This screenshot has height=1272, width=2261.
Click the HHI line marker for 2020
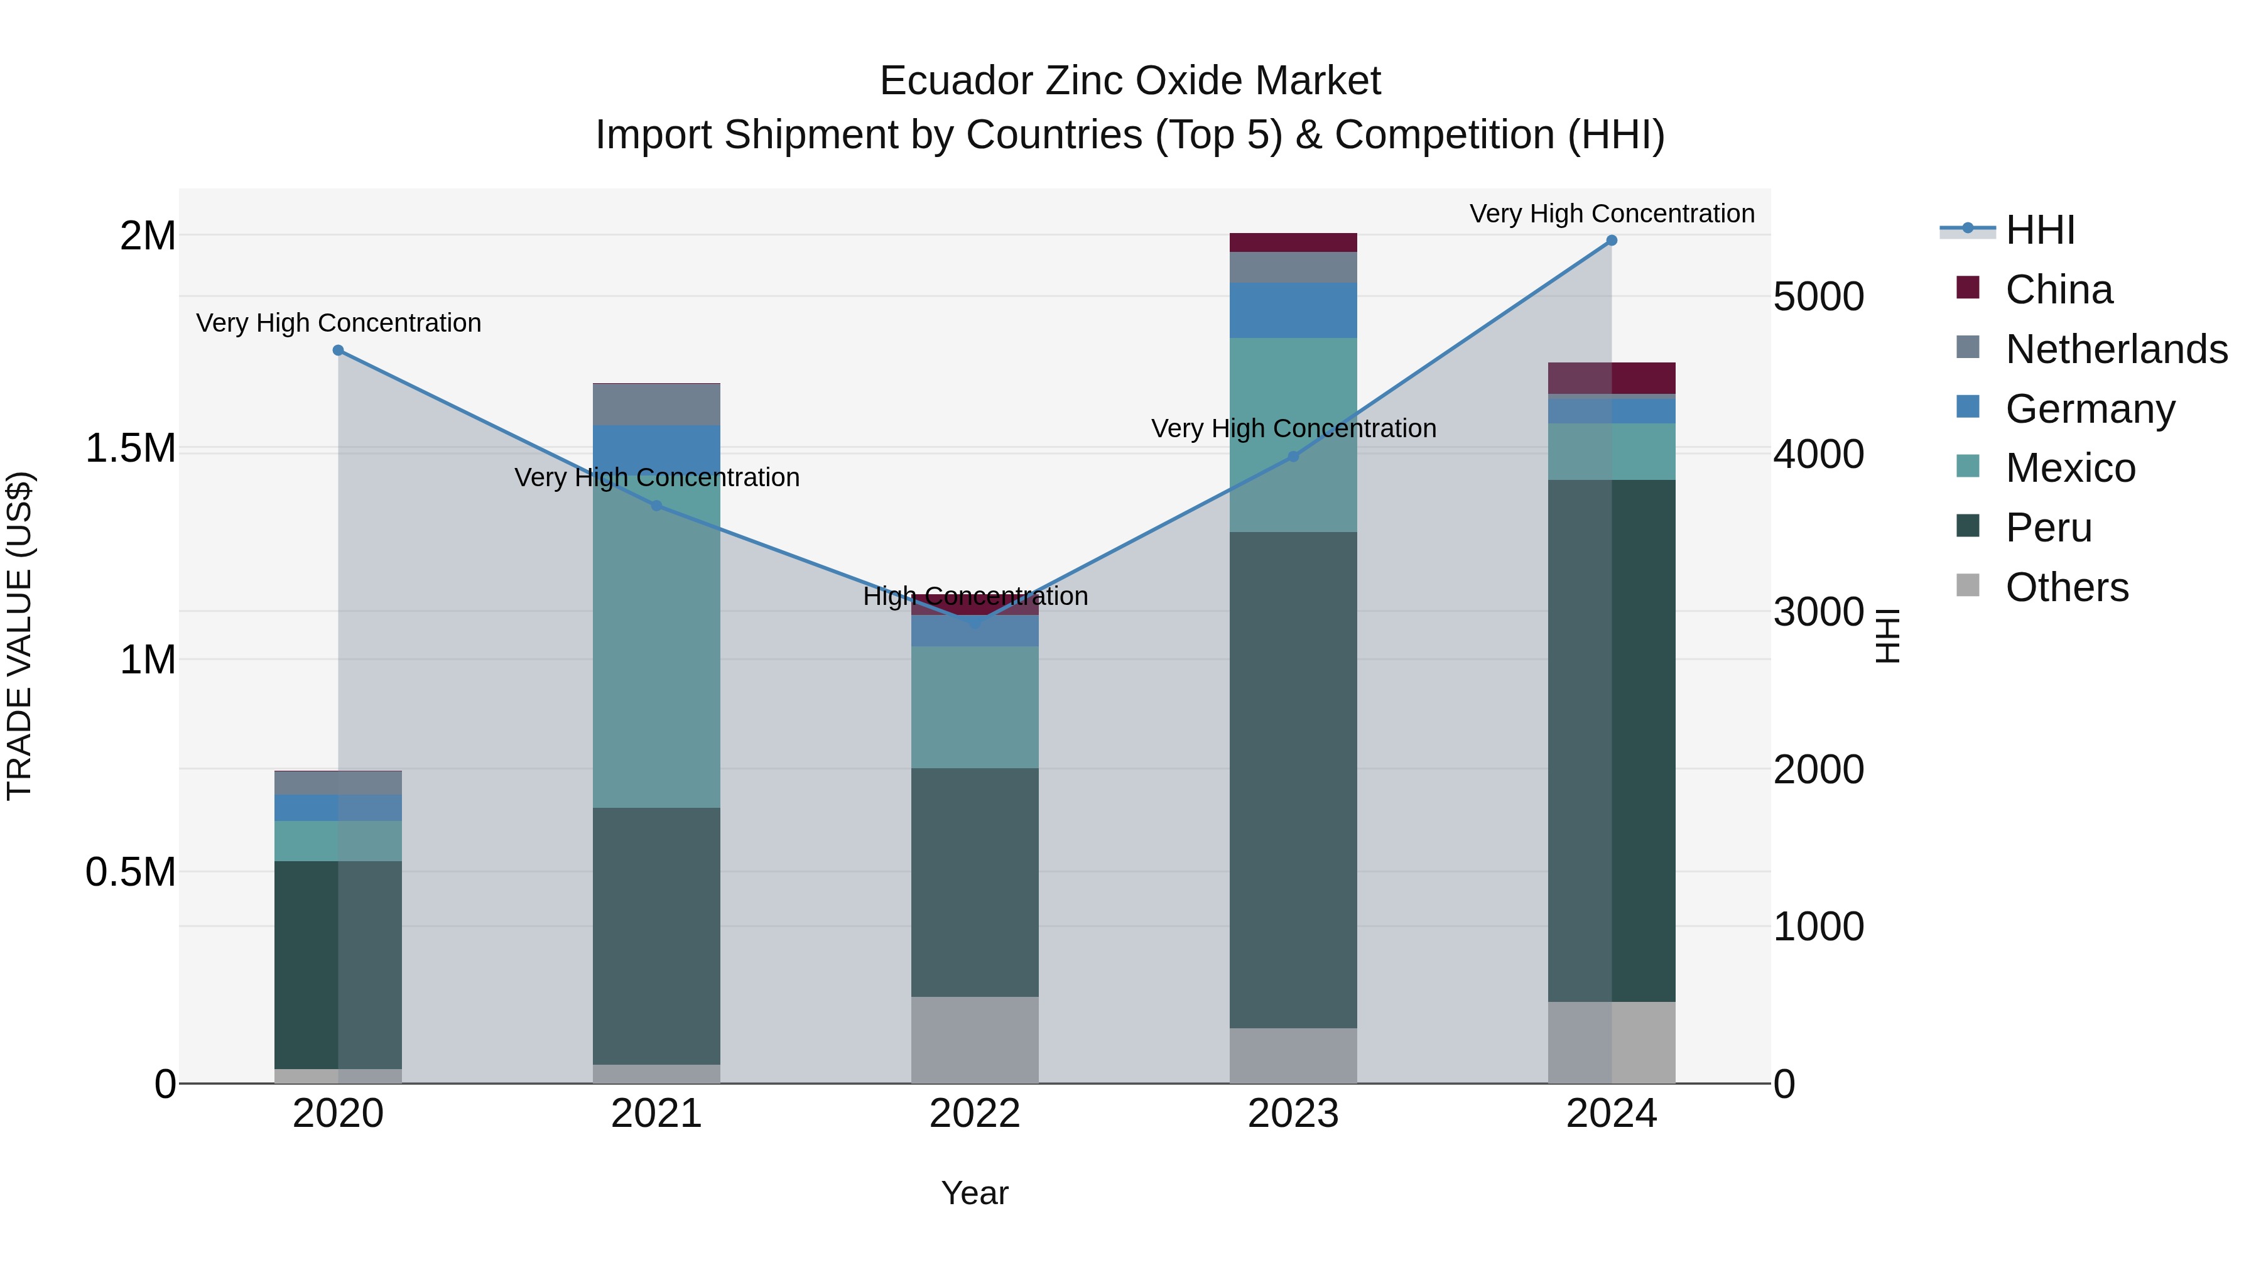(x=338, y=351)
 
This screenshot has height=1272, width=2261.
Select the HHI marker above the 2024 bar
(x=1612, y=241)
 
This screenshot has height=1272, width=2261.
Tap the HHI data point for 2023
(x=1293, y=457)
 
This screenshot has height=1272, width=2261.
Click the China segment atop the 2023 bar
(x=1293, y=242)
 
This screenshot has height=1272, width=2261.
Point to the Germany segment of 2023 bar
(x=1293, y=310)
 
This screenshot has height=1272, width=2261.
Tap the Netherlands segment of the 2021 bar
(x=656, y=405)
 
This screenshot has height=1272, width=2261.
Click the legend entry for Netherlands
(x=2116, y=349)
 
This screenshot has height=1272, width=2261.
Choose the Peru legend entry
(x=2049, y=528)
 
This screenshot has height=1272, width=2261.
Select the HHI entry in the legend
(x=2040, y=230)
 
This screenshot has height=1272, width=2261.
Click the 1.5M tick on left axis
(x=130, y=448)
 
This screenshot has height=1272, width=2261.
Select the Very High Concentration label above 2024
(x=1612, y=214)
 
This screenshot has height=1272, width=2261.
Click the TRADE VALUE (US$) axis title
(x=20, y=636)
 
